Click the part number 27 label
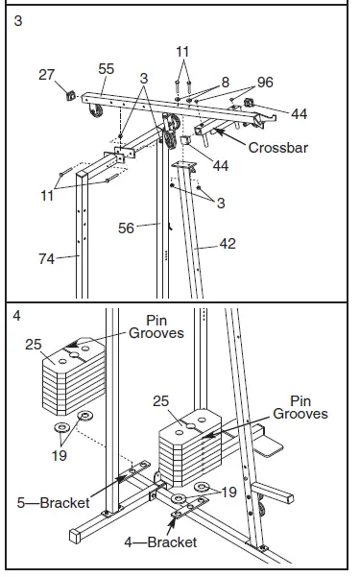[46, 73]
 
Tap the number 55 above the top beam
[107, 70]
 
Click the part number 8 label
[227, 83]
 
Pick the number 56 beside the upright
[126, 228]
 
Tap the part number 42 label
[228, 244]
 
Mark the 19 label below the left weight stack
[60, 456]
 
